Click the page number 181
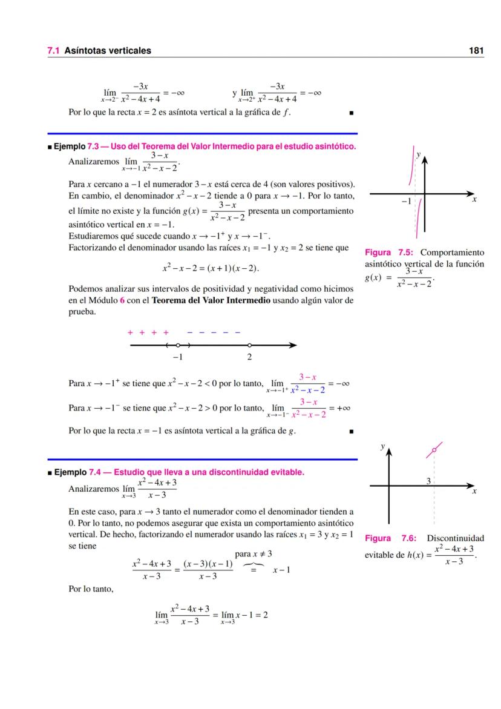[x=476, y=51]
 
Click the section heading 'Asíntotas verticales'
[x=108, y=51]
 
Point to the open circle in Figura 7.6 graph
[x=434, y=450]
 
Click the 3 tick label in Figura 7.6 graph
[x=428, y=481]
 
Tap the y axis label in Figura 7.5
[x=417, y=155]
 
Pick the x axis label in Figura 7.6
[x=474, y=492]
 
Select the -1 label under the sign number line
[x=177, y=357]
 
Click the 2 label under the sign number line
[x=249, y=357]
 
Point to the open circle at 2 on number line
[x=249, y=345]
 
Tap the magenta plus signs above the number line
[x=148, y=332]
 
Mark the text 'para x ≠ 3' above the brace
[x=254, y=554]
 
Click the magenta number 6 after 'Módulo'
[x=122, y=301]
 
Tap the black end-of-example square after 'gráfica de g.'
[x=350, y=432]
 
